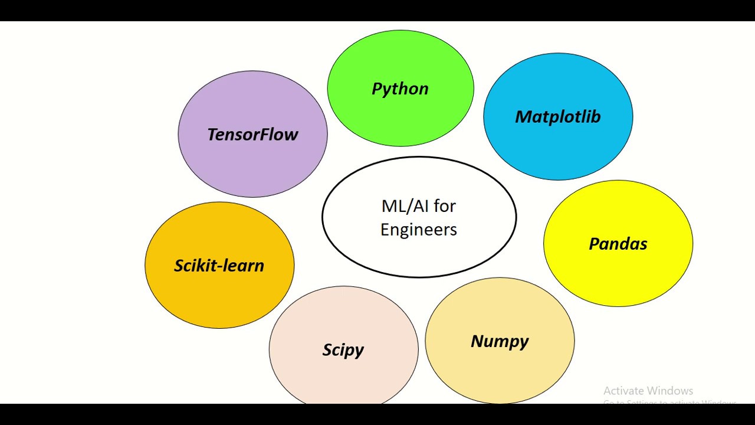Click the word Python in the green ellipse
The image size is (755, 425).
400,89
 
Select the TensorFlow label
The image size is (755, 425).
252,135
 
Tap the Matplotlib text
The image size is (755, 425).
557,117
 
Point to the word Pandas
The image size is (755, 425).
618,244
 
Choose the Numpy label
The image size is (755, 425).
500,342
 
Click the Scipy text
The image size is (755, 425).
343,350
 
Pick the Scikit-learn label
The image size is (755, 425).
219,266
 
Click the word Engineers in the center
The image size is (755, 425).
419,230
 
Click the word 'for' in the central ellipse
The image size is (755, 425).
445,206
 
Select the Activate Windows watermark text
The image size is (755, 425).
648,391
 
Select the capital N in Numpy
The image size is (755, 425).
477,341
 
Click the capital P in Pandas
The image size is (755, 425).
594,244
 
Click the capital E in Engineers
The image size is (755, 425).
385,229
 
